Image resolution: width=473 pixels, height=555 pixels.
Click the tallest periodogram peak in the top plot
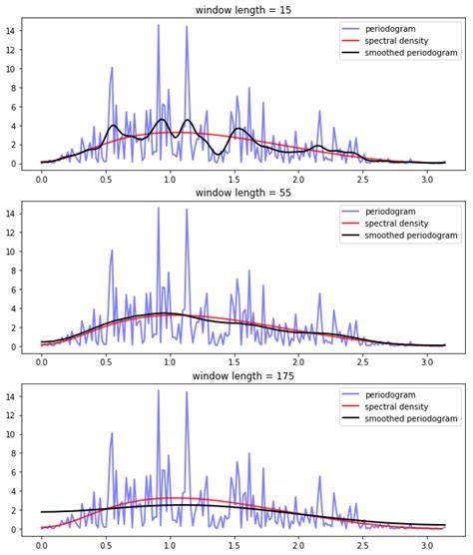[x=158, y=26]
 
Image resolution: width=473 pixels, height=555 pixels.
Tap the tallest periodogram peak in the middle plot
[x=158, y=209]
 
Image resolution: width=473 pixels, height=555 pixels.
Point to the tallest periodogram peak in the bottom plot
[x=158, y=391]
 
